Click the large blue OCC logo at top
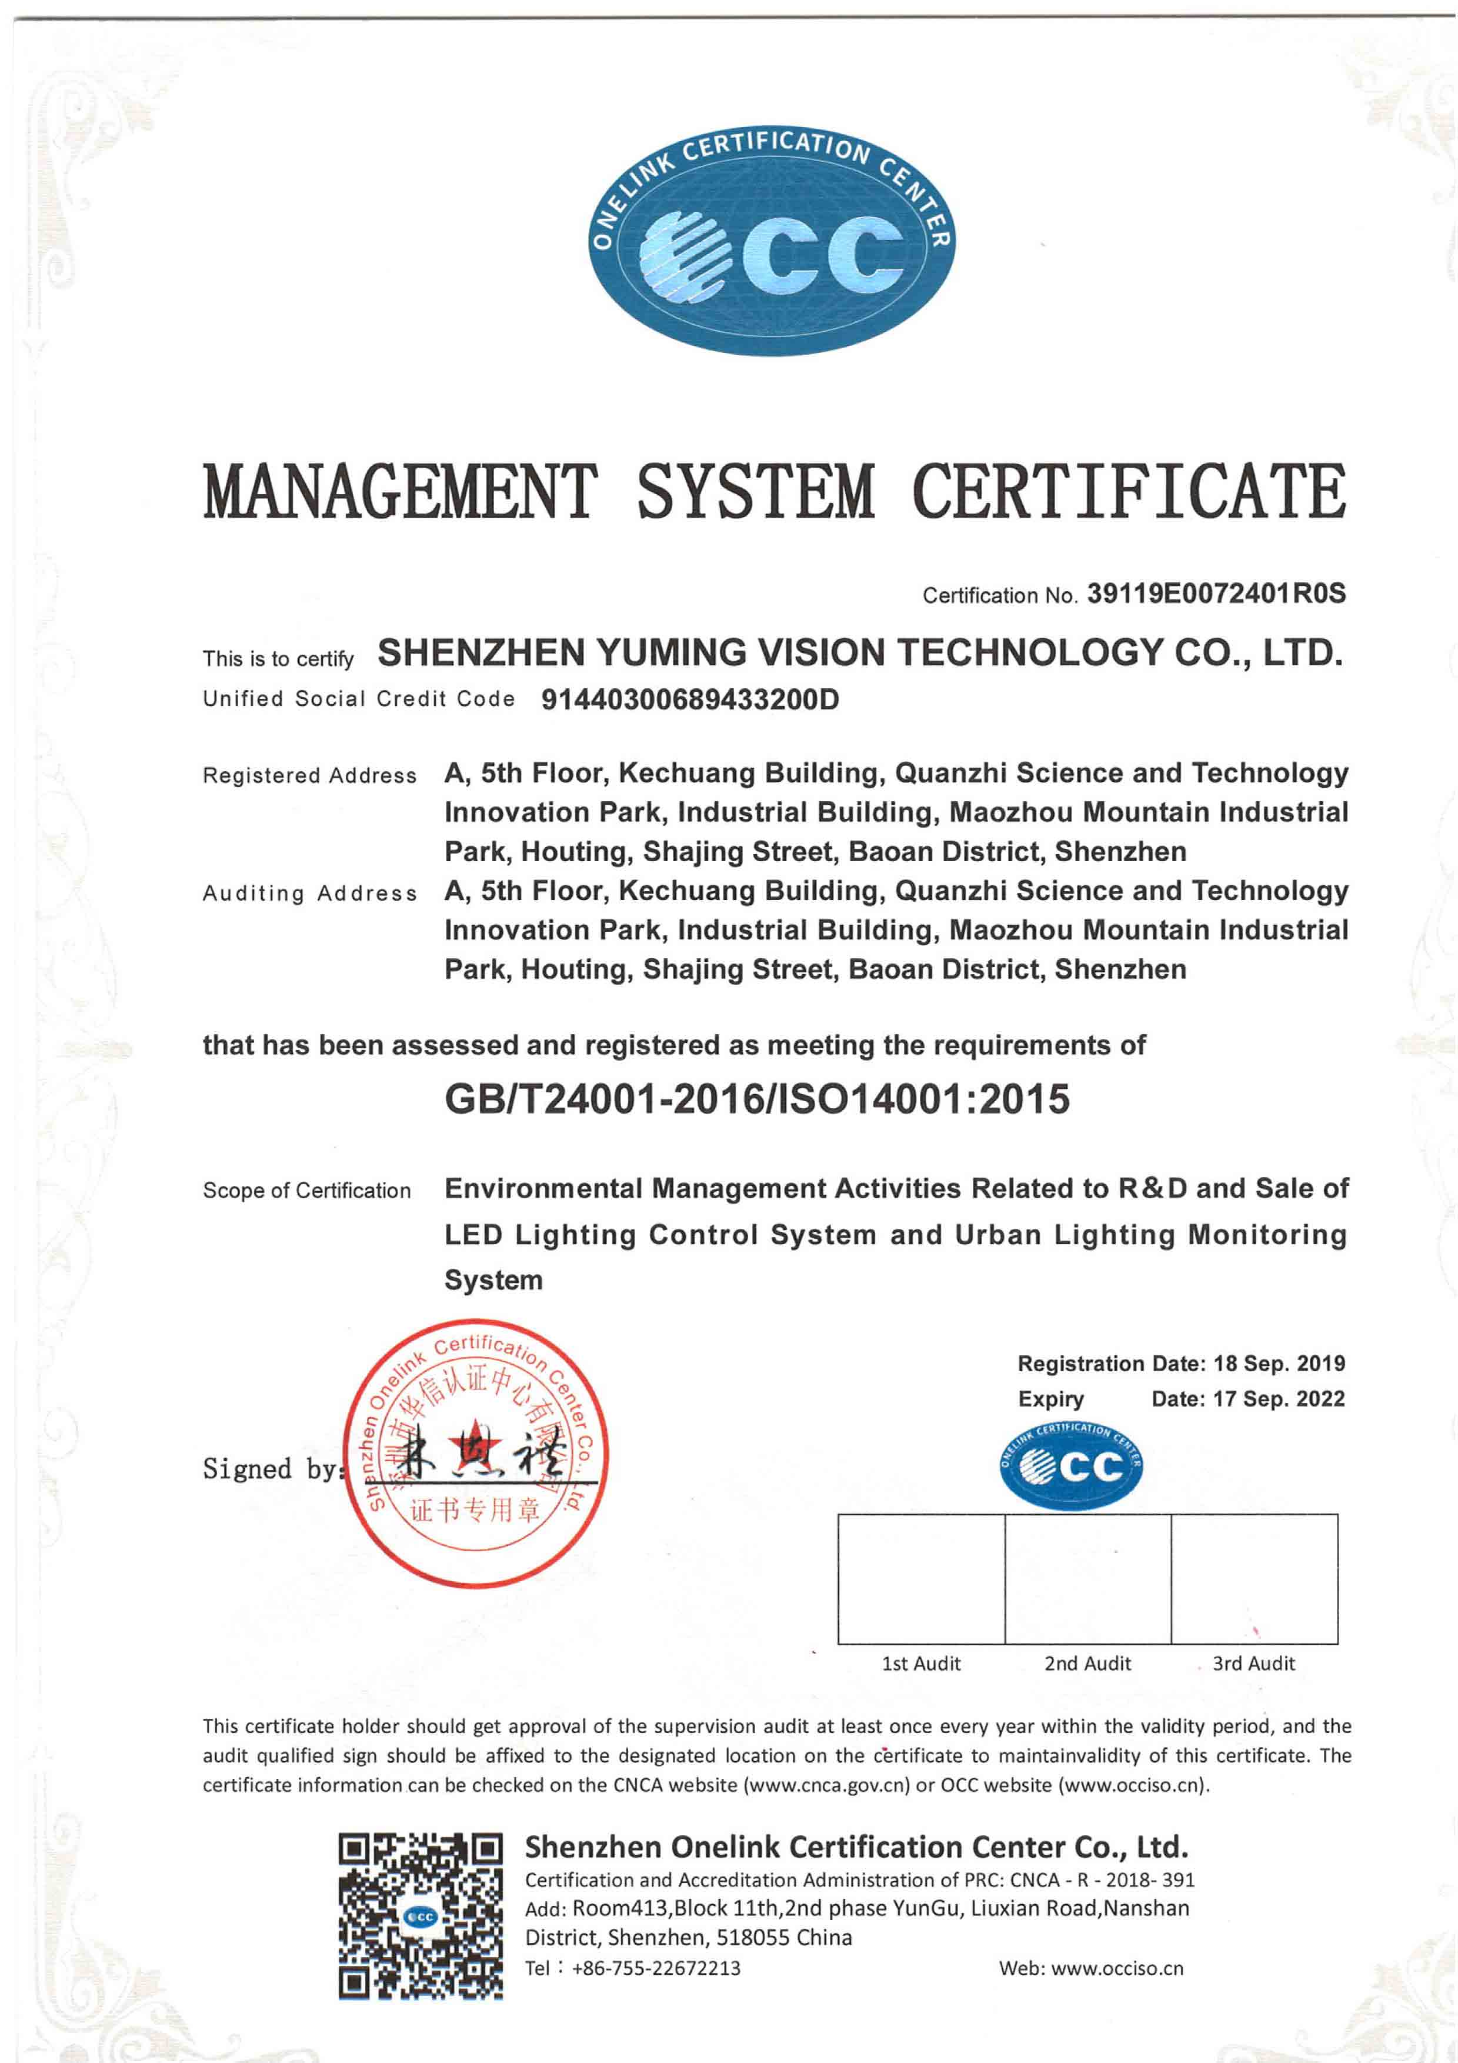pos(772,240)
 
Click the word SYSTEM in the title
pos(755,492)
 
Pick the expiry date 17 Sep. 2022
pos(1279,1399)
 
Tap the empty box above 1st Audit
pos(921,1579)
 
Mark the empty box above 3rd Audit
pos(1254,1579)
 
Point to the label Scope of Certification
pos(306,1191)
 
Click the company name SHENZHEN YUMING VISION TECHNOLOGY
pos(860,652)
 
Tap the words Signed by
pos(271,1468)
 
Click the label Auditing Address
pos(309,893)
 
